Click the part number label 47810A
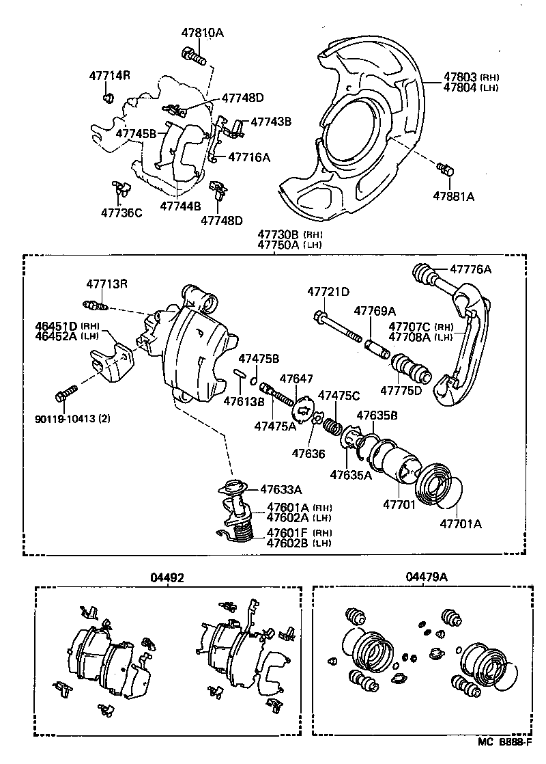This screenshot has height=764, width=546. point(202,33)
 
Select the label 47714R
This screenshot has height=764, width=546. point(109,75)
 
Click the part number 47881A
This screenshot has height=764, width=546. point(452,196)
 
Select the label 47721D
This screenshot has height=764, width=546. point(328,292)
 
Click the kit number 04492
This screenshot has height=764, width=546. point(167,577)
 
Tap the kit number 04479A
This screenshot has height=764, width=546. point(426,577)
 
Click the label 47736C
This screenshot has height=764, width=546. point(121,213)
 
